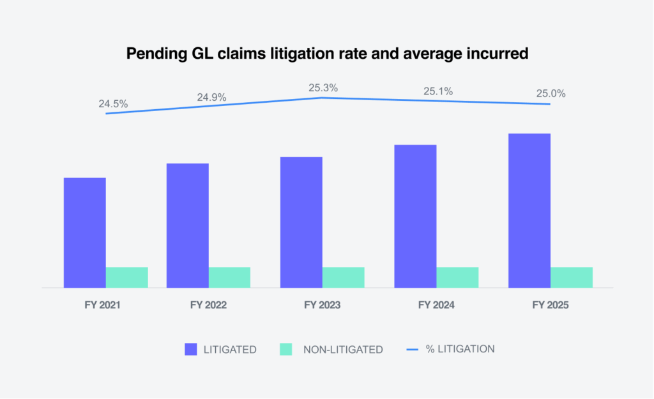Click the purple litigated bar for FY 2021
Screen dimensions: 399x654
coord(85,232)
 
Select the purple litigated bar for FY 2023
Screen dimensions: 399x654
coord(301,222)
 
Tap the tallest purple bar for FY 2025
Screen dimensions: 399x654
coord(529,211)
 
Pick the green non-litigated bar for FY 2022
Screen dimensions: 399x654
coord(229,277)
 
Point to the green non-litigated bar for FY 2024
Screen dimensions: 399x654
coord(457,277)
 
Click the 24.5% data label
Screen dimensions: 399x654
coord(113,103)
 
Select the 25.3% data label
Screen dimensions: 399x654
coord(323,87)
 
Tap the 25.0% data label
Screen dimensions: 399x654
coord(551,94)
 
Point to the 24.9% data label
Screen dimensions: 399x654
coord(211,97)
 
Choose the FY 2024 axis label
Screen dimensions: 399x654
coord(436,305)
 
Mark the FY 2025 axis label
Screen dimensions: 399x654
coord(551,305)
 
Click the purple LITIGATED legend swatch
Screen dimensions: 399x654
coord(192,349)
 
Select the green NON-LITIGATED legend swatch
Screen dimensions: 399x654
coord(285,349)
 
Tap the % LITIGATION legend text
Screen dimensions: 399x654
coord(460,349)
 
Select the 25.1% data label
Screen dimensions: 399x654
coord(438,91)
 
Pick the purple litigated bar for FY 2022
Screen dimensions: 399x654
coord(187,225)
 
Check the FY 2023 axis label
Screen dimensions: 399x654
coord(323,305)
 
